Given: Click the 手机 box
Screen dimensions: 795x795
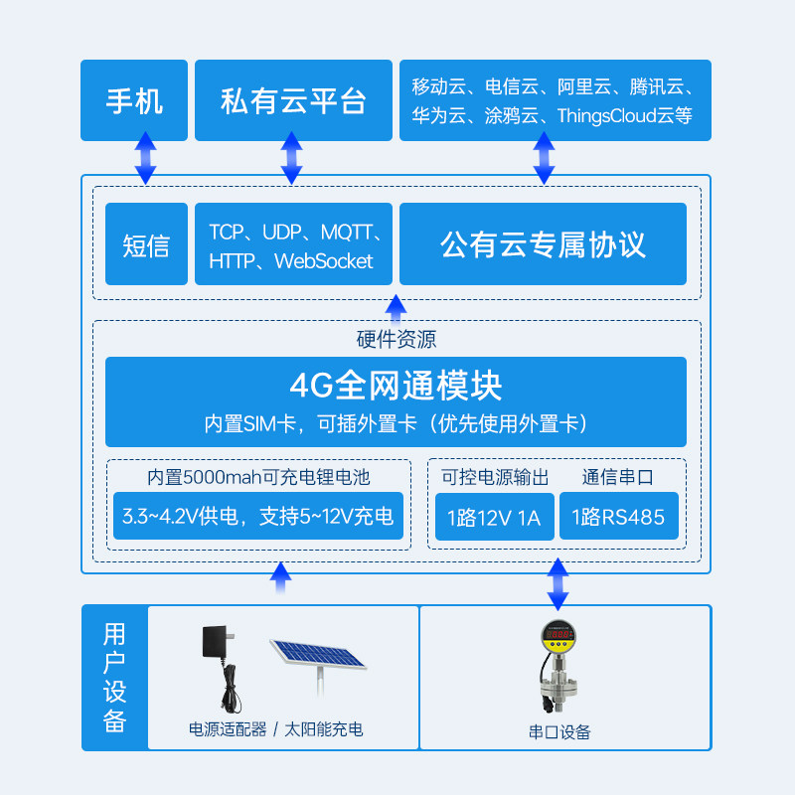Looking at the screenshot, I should [x=134, y=100].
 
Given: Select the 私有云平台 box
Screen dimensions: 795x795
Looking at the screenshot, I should [x=293, y=100].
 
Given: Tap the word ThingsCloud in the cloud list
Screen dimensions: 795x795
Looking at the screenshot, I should [x=606, y=116].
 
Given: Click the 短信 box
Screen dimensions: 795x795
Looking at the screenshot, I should [x=146, y=244].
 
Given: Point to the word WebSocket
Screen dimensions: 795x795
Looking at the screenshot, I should [x=324, y=261].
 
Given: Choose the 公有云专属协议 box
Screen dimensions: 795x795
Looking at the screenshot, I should [x=543, y=244].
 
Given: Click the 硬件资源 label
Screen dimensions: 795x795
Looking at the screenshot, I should [x=397, y=339].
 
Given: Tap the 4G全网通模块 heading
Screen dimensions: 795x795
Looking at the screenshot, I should [x=396, y=385].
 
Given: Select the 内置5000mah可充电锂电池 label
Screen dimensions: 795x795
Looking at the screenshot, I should [x=258, y=477].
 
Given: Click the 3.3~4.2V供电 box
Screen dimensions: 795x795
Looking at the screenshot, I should [x=258, y=517].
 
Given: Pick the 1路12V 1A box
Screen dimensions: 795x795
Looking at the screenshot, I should [x=494, y=517].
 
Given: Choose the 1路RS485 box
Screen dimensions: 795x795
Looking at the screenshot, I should [x=618, y=517].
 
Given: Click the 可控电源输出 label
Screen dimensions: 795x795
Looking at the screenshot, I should [x=495, y=477].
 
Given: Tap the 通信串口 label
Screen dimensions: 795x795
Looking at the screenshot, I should [x=618, y=477].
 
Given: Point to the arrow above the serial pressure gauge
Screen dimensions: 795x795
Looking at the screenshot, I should [x=557, y=584].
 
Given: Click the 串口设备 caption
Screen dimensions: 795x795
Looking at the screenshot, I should [x=559, y=732].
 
